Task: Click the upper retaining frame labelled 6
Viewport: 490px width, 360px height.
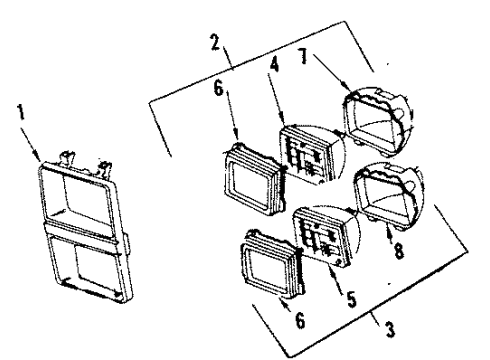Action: (x=251, y=177)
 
